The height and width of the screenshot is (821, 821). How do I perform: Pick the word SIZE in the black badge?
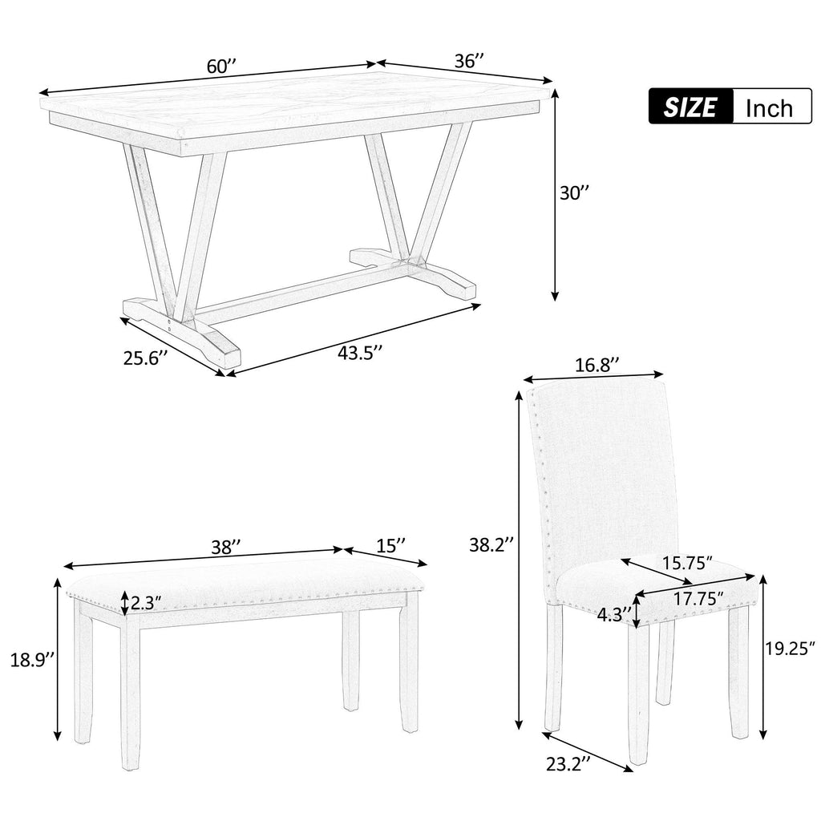pos(690,107)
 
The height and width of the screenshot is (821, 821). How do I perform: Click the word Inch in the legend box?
pos(769,108)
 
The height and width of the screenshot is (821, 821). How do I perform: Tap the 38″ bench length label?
pos(225,548)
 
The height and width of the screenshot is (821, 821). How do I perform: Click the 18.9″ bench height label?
pos(32,660)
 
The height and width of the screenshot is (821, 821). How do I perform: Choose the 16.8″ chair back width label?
pos(597,365)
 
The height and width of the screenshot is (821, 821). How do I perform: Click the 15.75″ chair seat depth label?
pos(687,564)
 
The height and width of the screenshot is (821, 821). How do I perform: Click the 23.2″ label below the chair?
pos(568,764)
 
